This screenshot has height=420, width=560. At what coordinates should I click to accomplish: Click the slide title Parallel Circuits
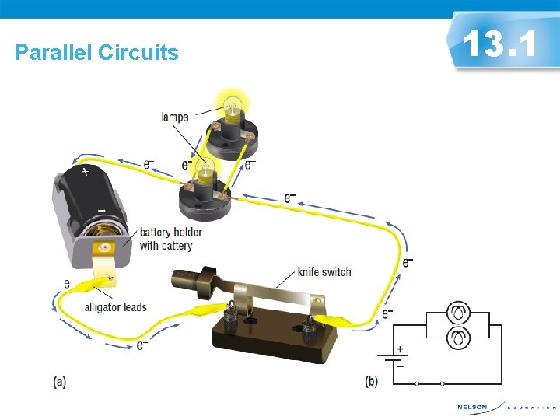coord(97,53)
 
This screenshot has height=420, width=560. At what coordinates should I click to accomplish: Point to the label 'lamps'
coord(175,117)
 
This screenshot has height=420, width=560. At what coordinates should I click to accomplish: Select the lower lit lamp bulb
coord(205,168)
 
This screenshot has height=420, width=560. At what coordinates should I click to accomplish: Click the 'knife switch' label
coord(324,272)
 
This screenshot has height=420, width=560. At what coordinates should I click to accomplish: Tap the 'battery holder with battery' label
coord(170,239)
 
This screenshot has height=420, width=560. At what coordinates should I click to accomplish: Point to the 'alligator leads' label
coord(116,307)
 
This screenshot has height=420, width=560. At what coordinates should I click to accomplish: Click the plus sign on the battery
coord(84,171)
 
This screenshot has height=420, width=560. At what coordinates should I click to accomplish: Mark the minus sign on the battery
coord(100,210)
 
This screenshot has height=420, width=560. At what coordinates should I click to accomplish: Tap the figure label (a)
coord(59,382)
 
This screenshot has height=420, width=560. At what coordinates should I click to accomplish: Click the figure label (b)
coord(371,382)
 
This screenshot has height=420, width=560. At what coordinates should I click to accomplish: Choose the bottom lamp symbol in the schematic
coord(458,338)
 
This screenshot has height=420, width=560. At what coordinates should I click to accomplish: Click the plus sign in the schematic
coord(401,349)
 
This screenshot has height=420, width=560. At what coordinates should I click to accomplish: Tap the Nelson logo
coord(472,407)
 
